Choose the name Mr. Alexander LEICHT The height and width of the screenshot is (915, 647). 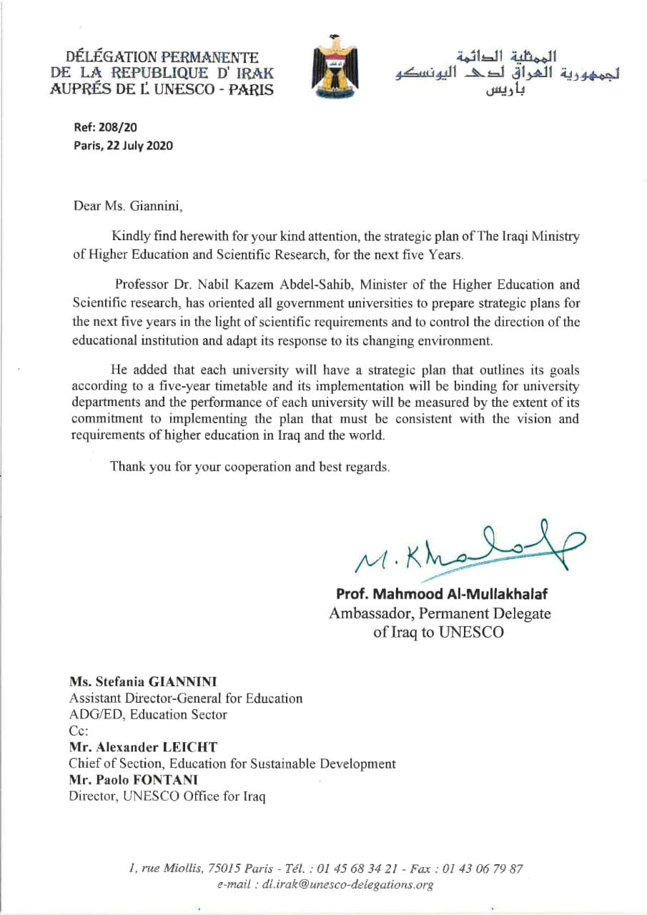pos(143,747)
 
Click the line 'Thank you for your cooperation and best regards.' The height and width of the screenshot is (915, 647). pos(250,467)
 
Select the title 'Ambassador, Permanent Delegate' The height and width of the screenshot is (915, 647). pos(440,613)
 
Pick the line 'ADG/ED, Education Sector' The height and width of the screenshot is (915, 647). pos(148,714)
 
